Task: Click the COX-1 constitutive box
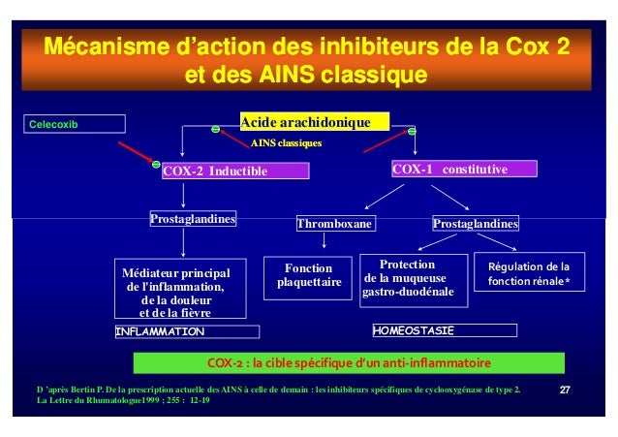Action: pos(463,170)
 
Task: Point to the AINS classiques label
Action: pos(286,142)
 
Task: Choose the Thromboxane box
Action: pos(335,225)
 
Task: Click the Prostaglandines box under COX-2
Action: pos(194,219)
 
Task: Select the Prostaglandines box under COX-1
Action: pos(476,225)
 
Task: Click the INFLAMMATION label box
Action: pos(187,331)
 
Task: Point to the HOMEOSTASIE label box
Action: pos(445,330)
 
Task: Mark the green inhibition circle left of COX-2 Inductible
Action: pos(156,163)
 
